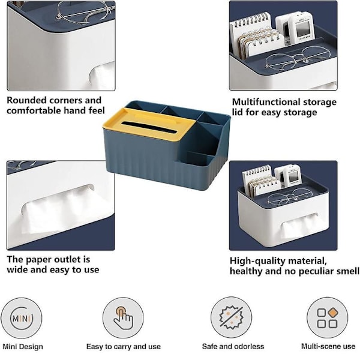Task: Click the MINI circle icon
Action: coord(22,318)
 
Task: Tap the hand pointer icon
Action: coord(123,318)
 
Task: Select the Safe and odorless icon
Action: coord(231,317)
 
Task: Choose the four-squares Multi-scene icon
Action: coord(328,318)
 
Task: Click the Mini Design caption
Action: coord(23,347)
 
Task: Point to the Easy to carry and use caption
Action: coord(124,346)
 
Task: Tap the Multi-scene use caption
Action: coord(328,346)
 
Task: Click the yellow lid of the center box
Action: coord(147,124)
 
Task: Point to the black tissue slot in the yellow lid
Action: coord(149,127)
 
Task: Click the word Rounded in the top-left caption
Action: coord(27,100)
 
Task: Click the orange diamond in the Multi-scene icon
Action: coord(333,312)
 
